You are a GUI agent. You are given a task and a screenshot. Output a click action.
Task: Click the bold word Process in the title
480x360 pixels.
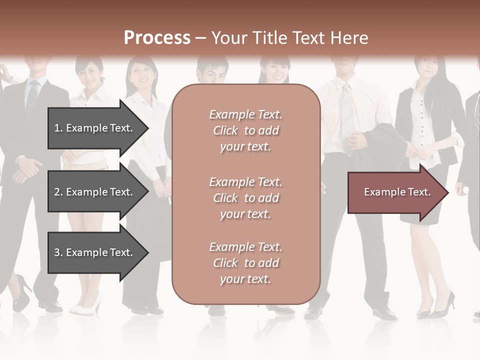(157, 38)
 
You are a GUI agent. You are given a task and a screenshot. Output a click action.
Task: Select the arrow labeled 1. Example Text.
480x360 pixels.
(95, 128)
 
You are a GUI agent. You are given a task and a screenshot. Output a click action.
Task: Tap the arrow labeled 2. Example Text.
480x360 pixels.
(95, 192)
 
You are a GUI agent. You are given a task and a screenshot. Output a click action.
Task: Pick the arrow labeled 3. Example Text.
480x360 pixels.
(95, 252)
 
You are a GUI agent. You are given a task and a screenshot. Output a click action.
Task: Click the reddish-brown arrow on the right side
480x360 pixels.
(397, 192)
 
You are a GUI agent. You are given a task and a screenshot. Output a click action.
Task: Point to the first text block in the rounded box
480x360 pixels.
(246, 130)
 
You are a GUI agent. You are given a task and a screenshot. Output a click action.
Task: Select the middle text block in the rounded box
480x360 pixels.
(246, 198)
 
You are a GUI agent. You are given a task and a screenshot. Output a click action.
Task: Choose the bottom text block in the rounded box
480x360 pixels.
(246, 263)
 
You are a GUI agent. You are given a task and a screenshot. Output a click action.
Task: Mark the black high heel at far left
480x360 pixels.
(21, 295)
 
